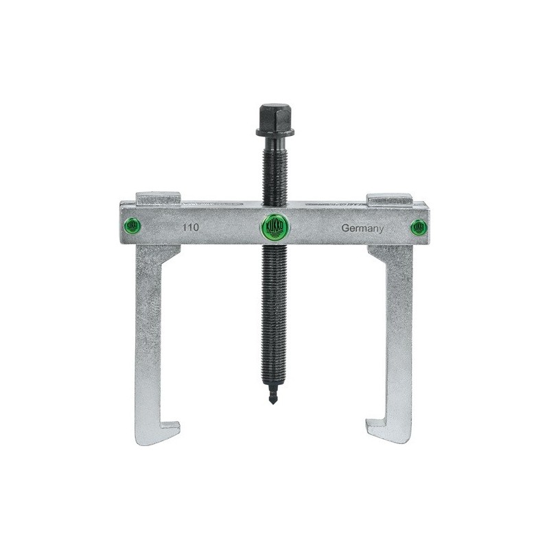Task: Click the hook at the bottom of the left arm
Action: tap(161, 432)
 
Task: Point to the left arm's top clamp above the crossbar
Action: tap(158, 200)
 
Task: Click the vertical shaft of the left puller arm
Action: tap(148, 329)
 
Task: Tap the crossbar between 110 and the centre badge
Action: tap(226, 226)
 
